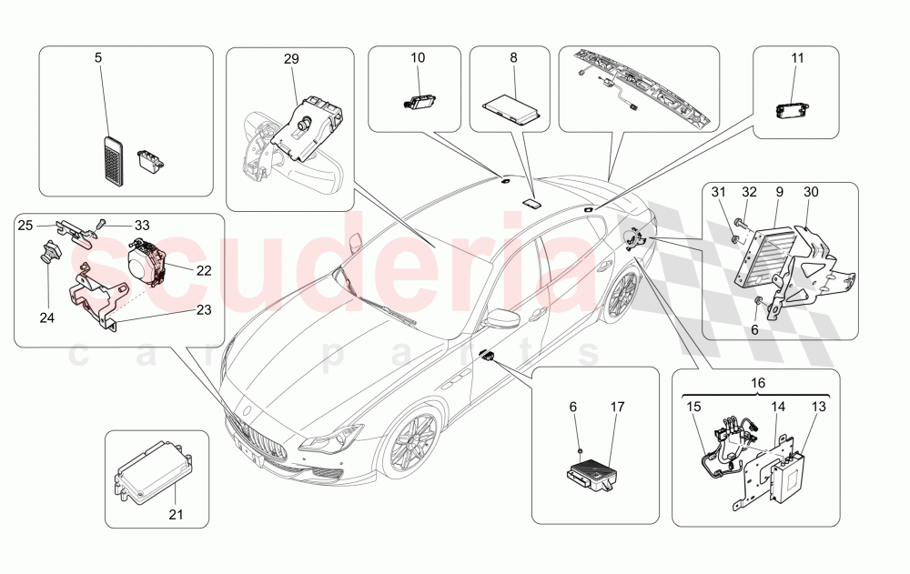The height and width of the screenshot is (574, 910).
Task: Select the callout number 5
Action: (98, 57)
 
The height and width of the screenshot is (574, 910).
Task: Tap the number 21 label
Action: (176, 515)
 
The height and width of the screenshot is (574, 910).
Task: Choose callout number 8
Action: (513, 57)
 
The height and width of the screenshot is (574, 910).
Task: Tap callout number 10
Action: (418, 57)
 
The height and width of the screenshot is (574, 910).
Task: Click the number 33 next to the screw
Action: (141, 225)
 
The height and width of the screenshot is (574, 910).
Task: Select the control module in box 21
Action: (150, 467)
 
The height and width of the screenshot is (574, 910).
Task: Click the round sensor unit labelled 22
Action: (146, 262)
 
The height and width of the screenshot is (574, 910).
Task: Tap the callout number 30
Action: (812, 192)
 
